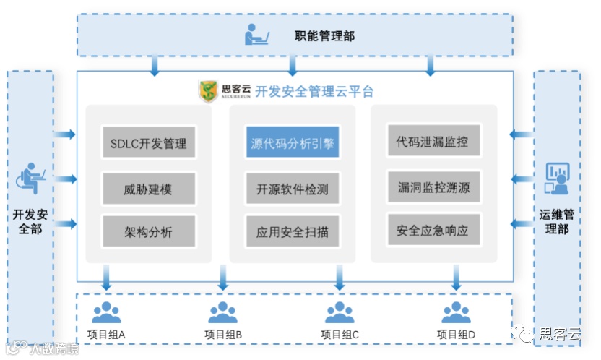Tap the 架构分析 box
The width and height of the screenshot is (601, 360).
point(148,232)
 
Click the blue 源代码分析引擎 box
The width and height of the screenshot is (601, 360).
point(293,142)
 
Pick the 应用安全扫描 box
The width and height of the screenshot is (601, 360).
point(293,232)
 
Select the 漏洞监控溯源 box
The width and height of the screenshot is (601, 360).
point(433,187)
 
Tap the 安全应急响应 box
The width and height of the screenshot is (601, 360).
point(433,231)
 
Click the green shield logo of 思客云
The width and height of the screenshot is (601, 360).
point(208,92)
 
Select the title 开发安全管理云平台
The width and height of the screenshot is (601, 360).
point(314,92)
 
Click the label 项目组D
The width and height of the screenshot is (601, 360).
point(456,335)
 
